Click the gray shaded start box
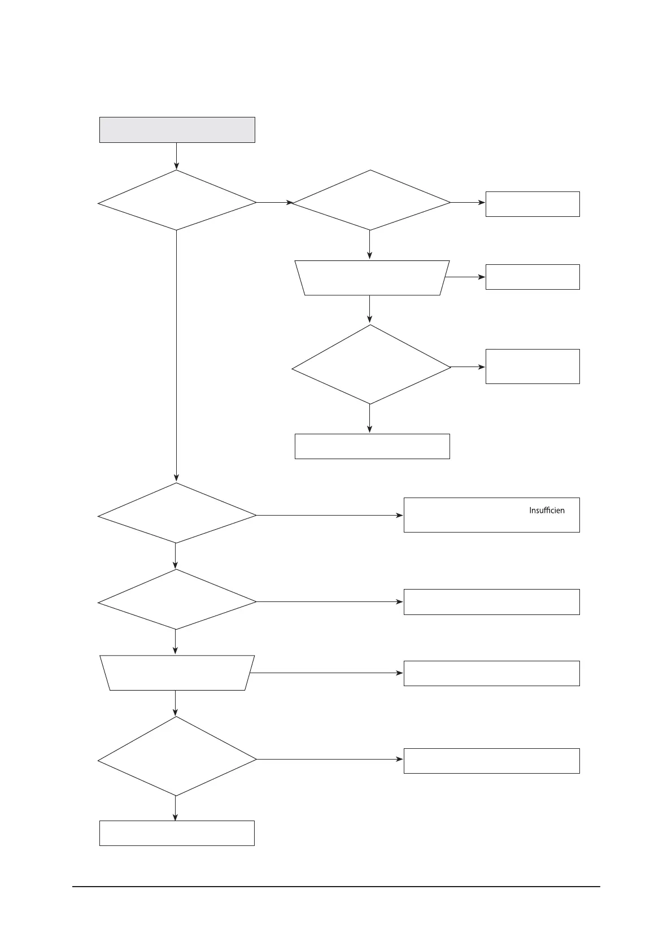click(x=177, y=130)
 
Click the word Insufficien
click(x=546, y=511)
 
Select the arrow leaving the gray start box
click(x=177, y=156)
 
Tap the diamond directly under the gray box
click(x=177, y=200)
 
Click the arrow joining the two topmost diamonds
click(x=274, y=202)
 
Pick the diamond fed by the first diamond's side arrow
click(x=370, y=200)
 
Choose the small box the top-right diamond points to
click(x=532, y=204)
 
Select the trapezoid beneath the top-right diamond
click(x=371, y=278)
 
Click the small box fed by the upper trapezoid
click(x=532, y=277)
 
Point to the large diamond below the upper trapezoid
click(x=370, y=365)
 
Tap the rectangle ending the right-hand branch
click(x=372, y=446)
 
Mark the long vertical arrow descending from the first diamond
click(x=177, y=356)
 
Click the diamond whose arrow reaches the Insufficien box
click(x=177, y=513)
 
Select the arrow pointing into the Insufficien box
click(x=330, y=516)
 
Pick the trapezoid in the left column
click(x=177, y=673)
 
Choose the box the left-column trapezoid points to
click(x=491, y=673)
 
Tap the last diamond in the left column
click(x=177, y=757)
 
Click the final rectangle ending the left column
click(x=177, y=833)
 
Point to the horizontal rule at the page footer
click(x=336, y=887)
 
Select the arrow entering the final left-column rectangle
click(x=176, y=808)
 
